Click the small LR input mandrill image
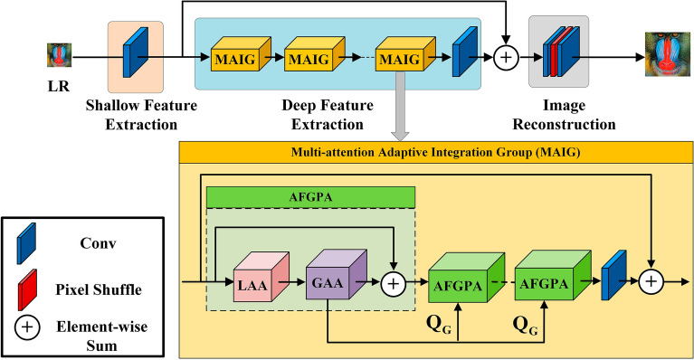tap(60, 57)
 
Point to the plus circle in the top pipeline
tap(507, 58)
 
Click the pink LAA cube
tap(256, 281)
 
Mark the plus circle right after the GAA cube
tap(394, 283)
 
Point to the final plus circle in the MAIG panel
tap(651, 283)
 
